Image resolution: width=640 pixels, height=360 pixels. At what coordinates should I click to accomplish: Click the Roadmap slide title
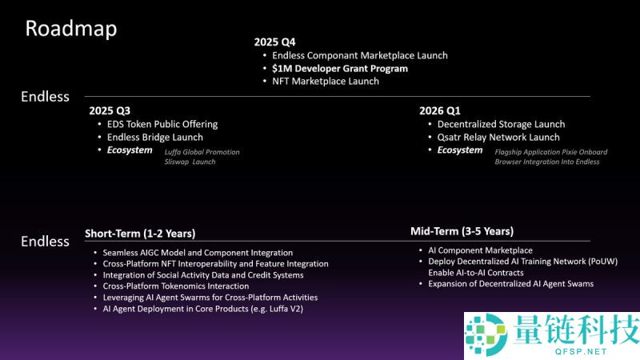click(71, 29)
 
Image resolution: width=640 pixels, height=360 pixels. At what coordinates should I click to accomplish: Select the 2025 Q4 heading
click(274, 41)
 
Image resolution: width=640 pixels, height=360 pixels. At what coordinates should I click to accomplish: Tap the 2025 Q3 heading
click(110, 110)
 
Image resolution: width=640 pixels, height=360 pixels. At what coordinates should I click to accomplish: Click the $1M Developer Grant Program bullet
click(340, 69)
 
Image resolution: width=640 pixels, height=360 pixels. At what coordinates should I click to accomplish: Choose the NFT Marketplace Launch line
click(326, 82)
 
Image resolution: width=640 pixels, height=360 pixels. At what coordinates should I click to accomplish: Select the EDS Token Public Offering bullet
click(162, 124)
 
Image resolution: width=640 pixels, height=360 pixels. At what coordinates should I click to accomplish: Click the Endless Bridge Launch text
click(155, 138)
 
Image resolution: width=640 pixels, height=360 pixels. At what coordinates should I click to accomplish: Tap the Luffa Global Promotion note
click(202, 152)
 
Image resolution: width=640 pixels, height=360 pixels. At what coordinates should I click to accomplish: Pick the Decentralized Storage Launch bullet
click(501, 124)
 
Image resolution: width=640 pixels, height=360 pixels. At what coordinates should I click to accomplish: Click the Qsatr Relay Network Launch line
click(498, 138)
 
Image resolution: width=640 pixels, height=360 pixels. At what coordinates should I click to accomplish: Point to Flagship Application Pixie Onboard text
click(550, 152)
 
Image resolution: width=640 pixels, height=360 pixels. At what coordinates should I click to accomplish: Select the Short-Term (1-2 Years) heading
click(140, 234)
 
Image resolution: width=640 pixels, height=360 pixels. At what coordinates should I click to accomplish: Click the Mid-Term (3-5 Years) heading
click(462, 231)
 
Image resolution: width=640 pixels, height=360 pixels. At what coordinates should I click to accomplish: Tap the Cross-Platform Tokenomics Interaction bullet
click(176, 286)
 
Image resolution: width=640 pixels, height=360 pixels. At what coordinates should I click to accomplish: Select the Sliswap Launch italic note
click(190, 162)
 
